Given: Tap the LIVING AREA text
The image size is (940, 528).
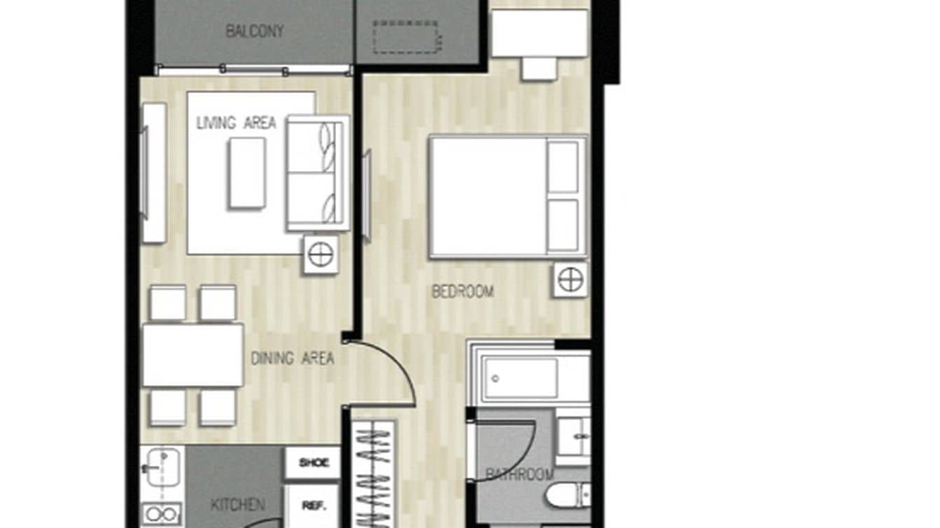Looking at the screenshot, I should [x=236, y=123].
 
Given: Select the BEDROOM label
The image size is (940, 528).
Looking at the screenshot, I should [x=462, y=291].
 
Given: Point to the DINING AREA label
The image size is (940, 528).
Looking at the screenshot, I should [x=292, y=359].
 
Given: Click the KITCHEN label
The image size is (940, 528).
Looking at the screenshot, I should [x=238, y=504].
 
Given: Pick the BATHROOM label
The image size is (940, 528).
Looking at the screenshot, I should [x=520, y=475].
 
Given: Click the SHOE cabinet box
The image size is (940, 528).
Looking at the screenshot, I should [x=313, y=462].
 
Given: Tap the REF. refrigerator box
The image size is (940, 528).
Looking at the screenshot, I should [x=312, y=506].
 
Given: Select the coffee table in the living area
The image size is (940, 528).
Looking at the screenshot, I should [x=247, y=172].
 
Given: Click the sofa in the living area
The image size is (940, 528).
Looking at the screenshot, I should [x=317, y=173].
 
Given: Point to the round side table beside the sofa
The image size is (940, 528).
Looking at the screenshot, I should [x=321, y=254].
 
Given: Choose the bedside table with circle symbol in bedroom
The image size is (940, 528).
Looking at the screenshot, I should [x=569, y=279].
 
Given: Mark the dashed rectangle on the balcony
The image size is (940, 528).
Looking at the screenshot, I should [x=406, y=36].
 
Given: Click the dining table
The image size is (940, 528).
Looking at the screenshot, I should [x=193, y=354].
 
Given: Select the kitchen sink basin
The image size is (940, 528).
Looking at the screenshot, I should [x=163, y=467].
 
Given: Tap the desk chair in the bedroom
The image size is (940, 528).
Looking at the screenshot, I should [x=539, y=68].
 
